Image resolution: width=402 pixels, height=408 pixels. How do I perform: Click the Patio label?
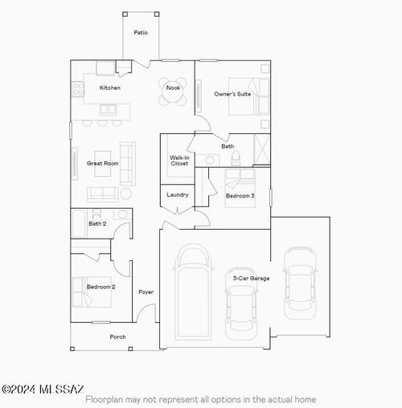141,33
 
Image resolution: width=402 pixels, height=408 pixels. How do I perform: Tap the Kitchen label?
110,88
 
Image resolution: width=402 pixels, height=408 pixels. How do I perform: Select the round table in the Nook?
173,94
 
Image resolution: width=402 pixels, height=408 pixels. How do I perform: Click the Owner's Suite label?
232,94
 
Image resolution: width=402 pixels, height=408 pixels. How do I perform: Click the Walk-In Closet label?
178,161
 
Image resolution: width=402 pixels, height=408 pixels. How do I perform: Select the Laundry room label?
178,194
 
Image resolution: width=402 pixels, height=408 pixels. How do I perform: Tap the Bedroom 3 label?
240,196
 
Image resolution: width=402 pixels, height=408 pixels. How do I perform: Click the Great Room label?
102,163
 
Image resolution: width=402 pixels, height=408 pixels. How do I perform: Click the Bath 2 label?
97,223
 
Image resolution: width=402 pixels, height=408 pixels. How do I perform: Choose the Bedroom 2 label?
101,286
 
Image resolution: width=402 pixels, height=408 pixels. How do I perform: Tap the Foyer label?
146,292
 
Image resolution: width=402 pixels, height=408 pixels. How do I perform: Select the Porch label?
117,337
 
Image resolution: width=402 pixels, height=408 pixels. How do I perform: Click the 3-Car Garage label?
251,278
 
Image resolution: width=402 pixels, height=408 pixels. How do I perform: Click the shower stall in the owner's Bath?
262,149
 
